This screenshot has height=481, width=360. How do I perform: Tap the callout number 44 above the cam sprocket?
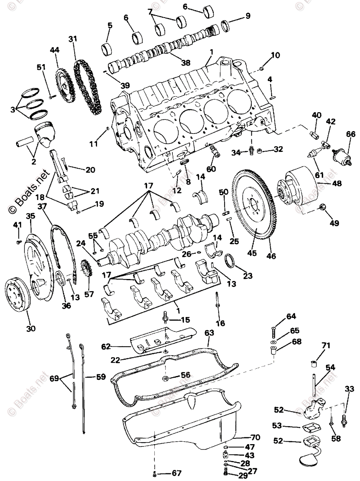[x=55, y=50]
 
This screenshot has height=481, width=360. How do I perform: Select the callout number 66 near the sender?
[x=351, y=134]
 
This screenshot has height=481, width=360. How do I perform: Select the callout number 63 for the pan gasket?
[x=209, y=333]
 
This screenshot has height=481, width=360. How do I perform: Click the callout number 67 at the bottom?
[x=176, y=473]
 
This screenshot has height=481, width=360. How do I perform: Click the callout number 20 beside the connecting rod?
[x=90, y=170]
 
